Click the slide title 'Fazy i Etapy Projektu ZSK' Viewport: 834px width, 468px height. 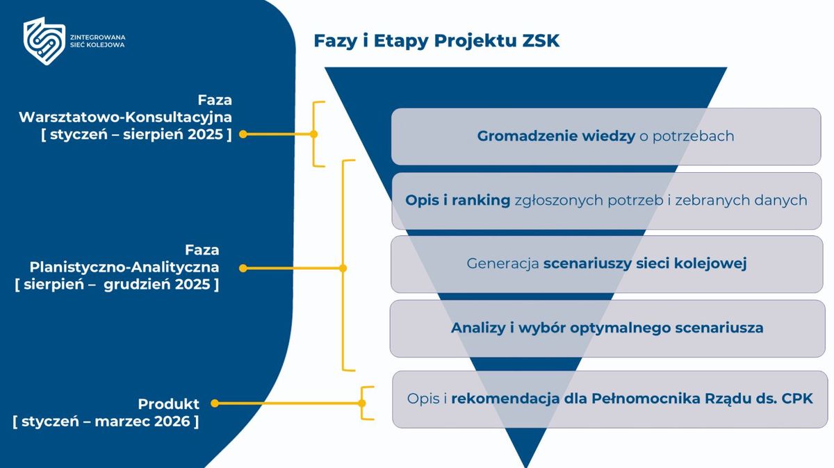(436, 41)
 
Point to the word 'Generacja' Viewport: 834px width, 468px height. (502, 264)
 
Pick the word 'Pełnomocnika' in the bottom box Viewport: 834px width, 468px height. (638, 399)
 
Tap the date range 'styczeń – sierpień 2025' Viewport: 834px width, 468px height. (136, 135)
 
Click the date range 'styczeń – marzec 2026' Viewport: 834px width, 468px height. (106, 421)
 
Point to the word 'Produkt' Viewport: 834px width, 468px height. (168, 403)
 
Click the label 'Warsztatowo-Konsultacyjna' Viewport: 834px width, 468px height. (125, 117)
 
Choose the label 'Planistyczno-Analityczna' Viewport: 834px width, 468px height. (124, 267)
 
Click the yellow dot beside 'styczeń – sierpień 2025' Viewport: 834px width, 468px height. (243, 135)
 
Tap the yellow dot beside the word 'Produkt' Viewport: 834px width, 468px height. (215, 403)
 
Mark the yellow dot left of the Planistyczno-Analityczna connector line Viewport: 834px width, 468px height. (243, 267)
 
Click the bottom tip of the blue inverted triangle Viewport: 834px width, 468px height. (526, 464)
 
